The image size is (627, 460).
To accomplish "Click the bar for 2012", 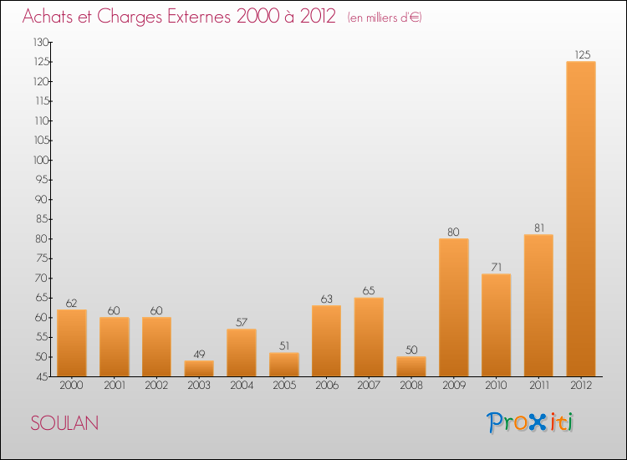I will [x=581, y=219].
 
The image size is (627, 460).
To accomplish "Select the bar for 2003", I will [x=199, y=368].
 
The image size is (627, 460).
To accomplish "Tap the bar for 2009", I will [x=454, y=308].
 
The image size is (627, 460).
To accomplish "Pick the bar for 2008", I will [x=411, y=366].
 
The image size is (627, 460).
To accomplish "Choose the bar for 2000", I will [x=72, y=343].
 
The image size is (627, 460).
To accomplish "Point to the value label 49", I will [x=199, y=355].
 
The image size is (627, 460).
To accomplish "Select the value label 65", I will [x=369, y=291].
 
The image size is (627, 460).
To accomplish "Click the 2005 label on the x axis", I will [x=284, y=386].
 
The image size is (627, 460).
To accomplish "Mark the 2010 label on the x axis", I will [x=497, y=386].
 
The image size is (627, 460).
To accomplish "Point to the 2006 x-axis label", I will [x=326, y=386].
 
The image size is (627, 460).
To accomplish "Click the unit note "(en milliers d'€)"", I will [x=385, y=18].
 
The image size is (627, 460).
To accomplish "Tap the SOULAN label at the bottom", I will [x=64, y=423].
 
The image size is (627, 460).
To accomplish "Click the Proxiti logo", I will [x=530, y=422].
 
